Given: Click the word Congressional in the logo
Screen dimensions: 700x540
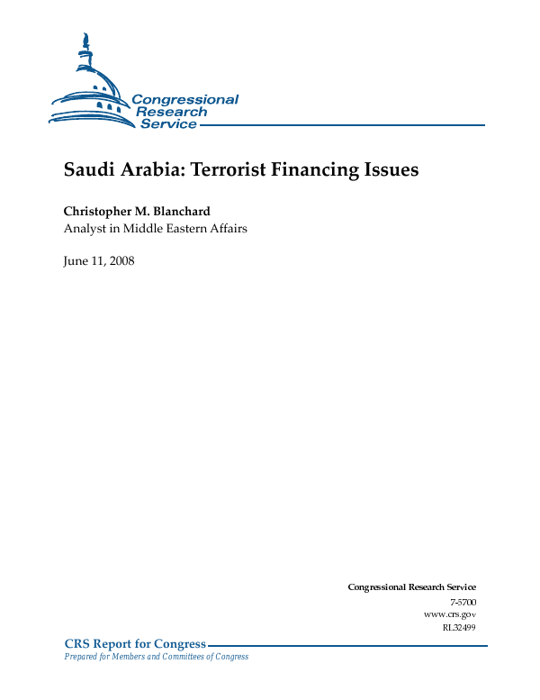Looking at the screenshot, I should tap(184, 99).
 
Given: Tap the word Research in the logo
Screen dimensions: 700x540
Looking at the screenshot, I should tap(171, 112).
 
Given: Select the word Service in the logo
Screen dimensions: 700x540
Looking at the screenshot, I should tap(168, 124).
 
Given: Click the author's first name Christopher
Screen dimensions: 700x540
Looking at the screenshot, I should tap(99, 211).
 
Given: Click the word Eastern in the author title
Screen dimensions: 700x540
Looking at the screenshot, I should tap(184, 229).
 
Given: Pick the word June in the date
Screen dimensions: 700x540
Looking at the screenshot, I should tap(76, 261).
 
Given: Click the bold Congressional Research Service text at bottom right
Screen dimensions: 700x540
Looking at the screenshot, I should tap(411, 587).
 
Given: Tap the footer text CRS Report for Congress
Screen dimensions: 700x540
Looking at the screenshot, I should tap(135, 644).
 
